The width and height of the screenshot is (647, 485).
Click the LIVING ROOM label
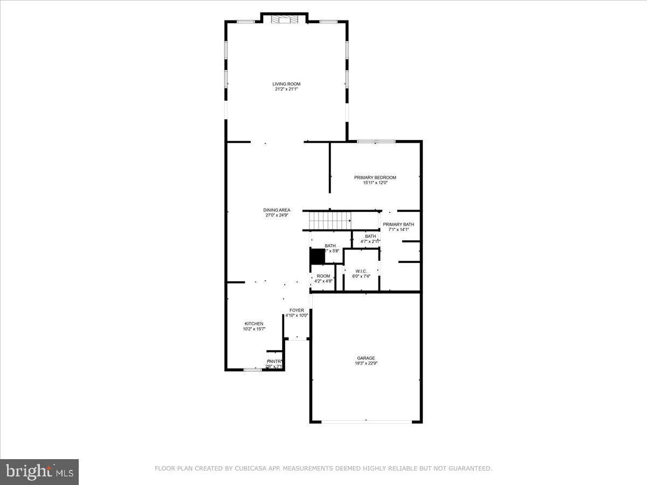[286, 84]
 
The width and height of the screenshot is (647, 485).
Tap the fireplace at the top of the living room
[284, 20]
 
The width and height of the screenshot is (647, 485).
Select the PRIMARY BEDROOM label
[375, 178]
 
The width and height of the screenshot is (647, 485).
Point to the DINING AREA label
[277, 210]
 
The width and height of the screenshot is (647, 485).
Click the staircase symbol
[329, 220]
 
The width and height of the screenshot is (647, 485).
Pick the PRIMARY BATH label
[398, 224]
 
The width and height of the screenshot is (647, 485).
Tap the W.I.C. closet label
[361, 271]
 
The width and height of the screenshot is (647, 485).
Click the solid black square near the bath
[317, 256]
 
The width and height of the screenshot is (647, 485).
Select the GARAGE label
[366, 358]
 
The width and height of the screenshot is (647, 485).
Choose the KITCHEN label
[254, 324]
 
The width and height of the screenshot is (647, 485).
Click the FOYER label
[297, 310]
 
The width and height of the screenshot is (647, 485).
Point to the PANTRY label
[274, 362]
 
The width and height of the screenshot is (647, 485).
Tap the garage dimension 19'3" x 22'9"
[366, 363]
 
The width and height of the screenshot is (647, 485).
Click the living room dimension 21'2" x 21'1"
[286, 89]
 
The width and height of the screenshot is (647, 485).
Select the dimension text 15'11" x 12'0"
[375, 183]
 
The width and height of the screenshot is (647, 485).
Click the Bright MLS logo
[39, 472]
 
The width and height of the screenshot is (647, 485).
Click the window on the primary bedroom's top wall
[376, 142]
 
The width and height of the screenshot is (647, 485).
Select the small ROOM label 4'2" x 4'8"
[323, 276]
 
